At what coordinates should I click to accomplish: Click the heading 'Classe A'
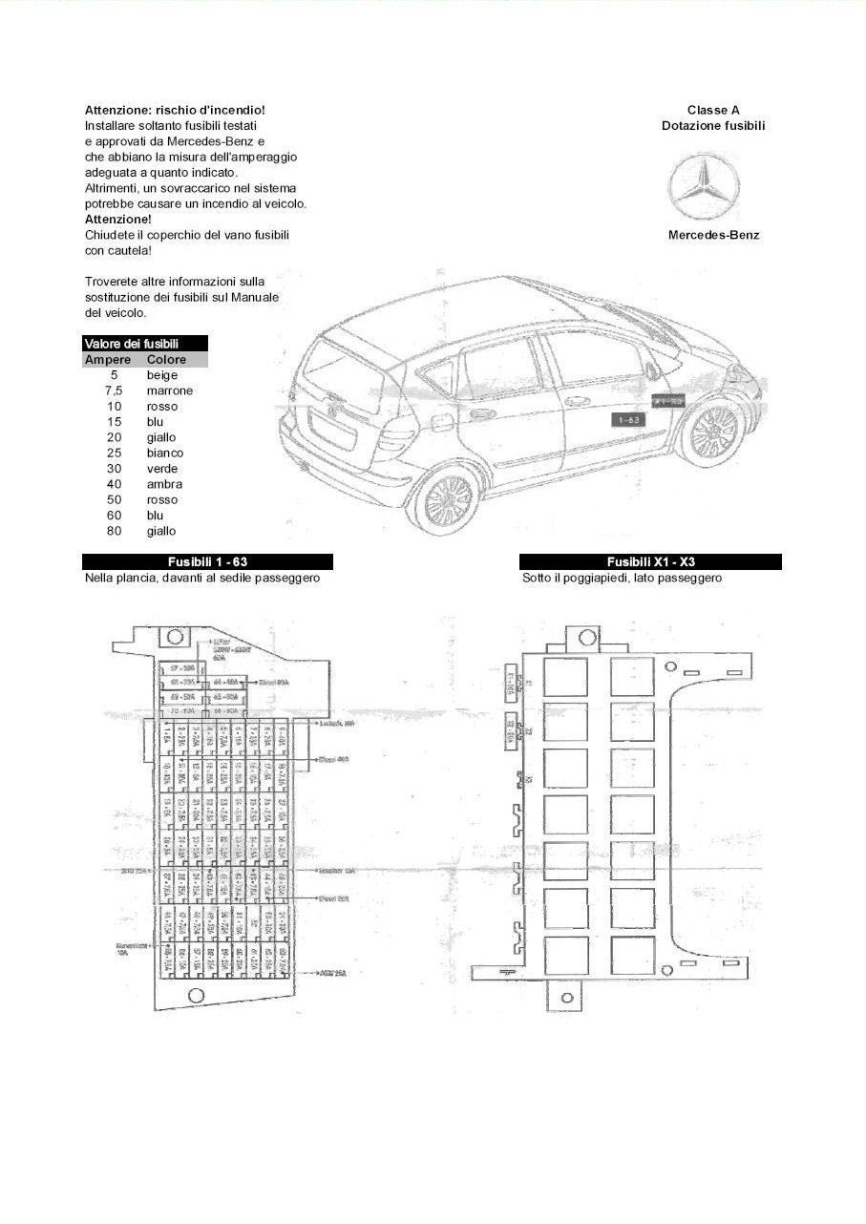click(713, 111)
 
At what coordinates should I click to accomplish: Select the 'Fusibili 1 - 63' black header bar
click(207, 561)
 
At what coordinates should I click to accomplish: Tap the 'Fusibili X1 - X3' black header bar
click(650, 561)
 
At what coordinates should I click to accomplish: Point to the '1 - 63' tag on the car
click(629, 419)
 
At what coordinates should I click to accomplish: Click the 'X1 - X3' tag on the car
click(667, 401)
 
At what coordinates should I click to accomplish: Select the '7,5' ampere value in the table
click(115, 390)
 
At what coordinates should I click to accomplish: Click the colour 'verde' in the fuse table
click(162, 469)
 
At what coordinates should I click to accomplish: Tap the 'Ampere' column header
click(108, 360)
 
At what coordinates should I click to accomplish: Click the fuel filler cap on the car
click(441, 420)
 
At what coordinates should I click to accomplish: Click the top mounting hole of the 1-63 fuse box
click(175, 637)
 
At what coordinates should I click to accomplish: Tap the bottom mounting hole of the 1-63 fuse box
click(197, 995)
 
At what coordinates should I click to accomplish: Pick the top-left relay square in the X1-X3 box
click(565, 676)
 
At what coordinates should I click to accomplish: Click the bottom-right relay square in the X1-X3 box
click(632, 955)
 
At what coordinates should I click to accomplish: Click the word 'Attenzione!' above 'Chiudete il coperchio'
click(118, 219)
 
